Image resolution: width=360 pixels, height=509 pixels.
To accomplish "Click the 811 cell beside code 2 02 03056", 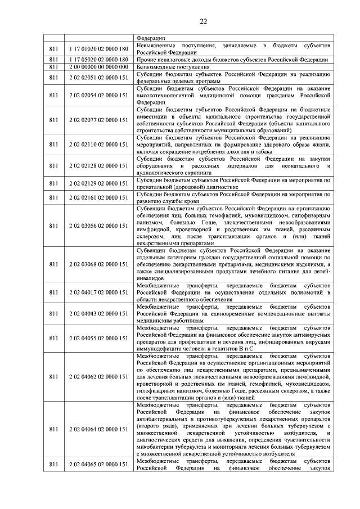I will coord(54,226).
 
